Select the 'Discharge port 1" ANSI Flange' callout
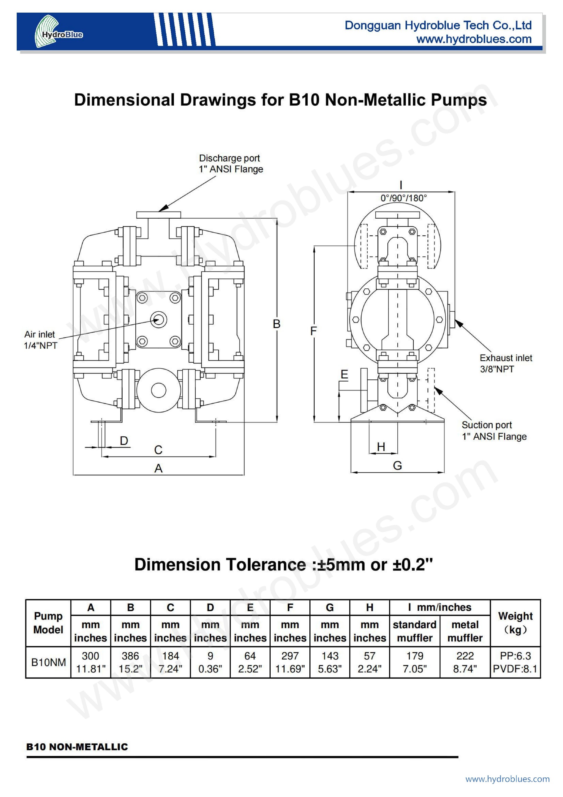231,163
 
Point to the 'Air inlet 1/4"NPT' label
40,340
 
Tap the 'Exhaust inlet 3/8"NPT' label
506,364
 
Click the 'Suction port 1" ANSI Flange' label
494,430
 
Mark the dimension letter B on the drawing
277,324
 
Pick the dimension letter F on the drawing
313,331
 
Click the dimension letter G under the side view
398,465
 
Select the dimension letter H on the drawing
381,447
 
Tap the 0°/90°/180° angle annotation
403,198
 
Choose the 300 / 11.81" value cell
91,662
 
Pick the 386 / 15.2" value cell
130,662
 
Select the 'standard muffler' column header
415,631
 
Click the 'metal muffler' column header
465,631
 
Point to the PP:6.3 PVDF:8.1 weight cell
515,662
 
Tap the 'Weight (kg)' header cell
515,623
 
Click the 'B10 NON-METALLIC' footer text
77,747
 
